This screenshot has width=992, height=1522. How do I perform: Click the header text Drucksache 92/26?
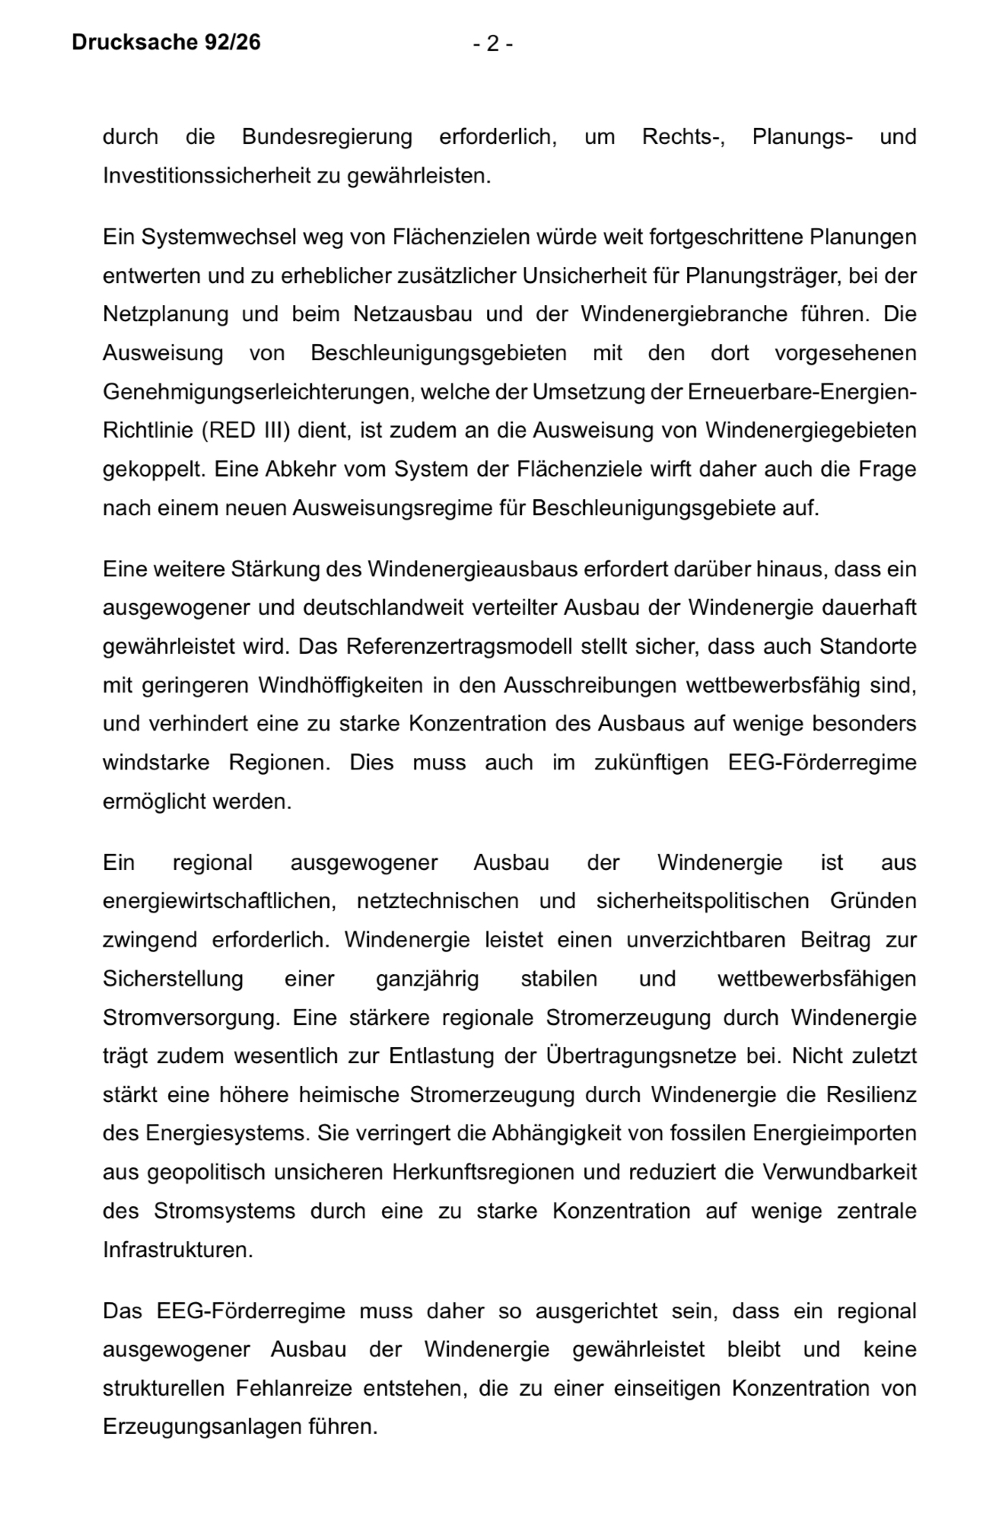point(166,43)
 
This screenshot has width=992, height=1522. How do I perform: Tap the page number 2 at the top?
point(492,44)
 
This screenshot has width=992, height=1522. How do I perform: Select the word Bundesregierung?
point(326,137)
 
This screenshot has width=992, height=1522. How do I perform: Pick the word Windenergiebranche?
point(684,314)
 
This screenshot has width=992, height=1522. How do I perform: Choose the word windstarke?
point(156,763)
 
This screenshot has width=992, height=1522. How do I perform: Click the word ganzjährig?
point(427,979)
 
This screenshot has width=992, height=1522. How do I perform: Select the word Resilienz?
point(871,1095)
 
